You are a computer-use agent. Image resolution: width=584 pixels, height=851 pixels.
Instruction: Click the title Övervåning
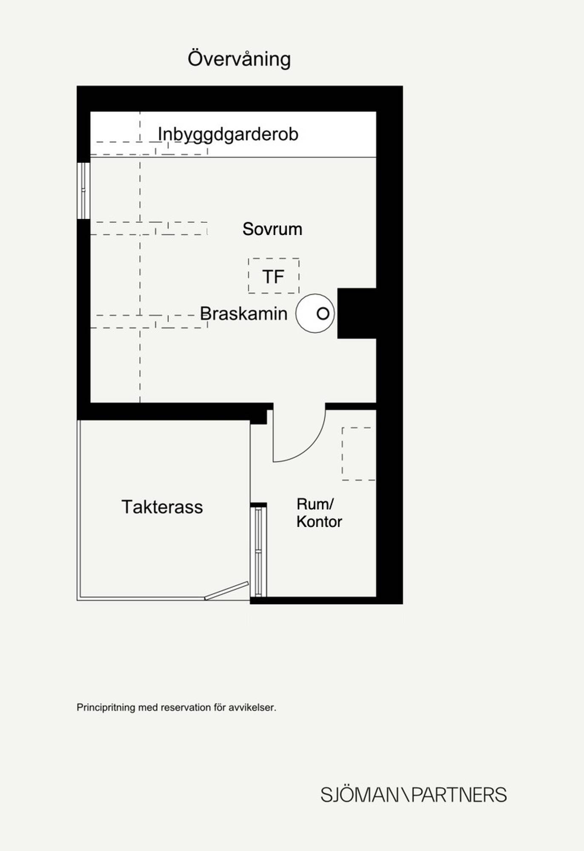tap(239, 59)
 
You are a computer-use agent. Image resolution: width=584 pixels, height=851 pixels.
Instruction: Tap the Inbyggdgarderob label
tap(228, 134)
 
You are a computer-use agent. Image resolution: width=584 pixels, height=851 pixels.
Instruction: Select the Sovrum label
tap(272, 229)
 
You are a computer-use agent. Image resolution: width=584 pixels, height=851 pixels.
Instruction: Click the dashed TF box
tap(274, 259)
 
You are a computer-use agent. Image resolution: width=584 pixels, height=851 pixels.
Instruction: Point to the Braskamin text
tap(244, 314)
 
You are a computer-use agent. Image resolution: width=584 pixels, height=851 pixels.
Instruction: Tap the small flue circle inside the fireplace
tap(323, 314)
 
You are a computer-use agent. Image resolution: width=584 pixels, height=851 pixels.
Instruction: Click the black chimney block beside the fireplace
tap(357, 313)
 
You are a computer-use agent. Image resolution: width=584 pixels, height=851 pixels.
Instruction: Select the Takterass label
tap(162, 507)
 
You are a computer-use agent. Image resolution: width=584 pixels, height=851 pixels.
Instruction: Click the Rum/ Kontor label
tap(319, 513)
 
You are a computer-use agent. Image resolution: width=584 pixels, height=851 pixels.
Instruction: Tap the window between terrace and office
tap(258, 552)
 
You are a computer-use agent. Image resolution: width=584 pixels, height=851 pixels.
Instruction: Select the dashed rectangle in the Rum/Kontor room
tap(343, 454)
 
